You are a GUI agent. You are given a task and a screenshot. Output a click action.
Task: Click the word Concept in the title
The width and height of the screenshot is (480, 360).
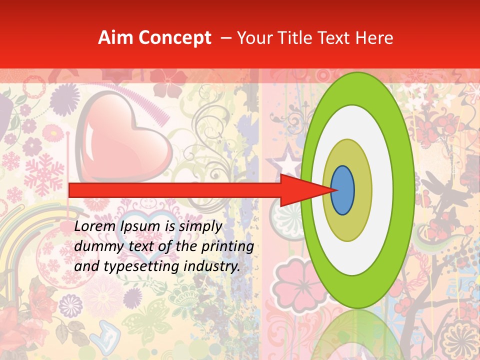pos(175,38)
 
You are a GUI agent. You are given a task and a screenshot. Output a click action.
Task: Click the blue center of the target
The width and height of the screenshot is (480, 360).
pos(343,190)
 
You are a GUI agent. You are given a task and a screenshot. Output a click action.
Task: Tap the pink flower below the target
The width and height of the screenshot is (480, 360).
pos(292,282)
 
